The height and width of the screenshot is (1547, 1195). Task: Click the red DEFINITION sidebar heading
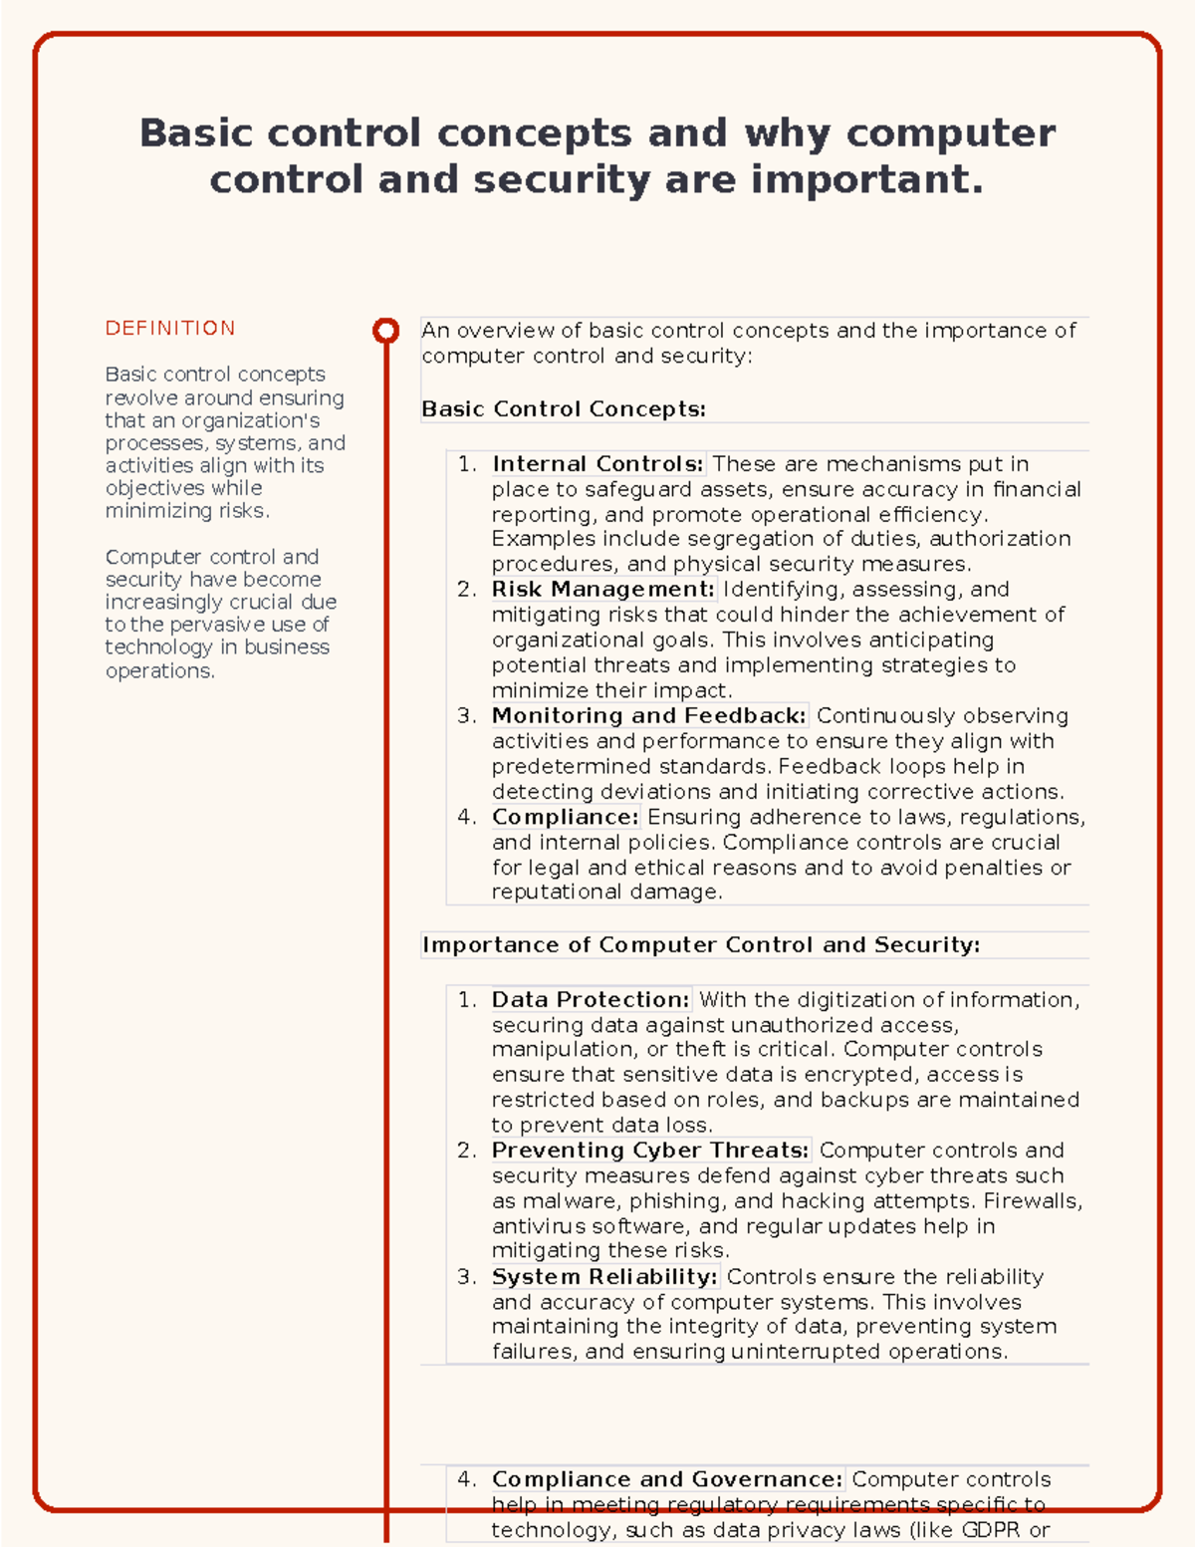point(170,329)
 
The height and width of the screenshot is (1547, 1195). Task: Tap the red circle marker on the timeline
point(385,331)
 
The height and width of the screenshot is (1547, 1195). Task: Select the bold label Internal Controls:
point(597,464)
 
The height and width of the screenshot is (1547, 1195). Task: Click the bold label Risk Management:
point(602,590)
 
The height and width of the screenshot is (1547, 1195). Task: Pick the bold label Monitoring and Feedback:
point(648,716)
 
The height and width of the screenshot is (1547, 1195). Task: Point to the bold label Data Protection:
point(591,1000)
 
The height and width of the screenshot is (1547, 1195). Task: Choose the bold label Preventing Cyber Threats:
point(650,1151)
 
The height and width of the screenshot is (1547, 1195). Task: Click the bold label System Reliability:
point(604,1277)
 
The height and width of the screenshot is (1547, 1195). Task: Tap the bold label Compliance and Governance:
point(667,1480)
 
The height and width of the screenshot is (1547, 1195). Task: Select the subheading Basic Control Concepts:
point(564,409)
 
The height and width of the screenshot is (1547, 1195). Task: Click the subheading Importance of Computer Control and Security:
point(701,945)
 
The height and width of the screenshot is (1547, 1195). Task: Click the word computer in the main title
point(950,133)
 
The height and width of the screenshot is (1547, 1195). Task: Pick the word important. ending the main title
point(866,180)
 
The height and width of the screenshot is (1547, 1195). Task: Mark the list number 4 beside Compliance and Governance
point(465,1480)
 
